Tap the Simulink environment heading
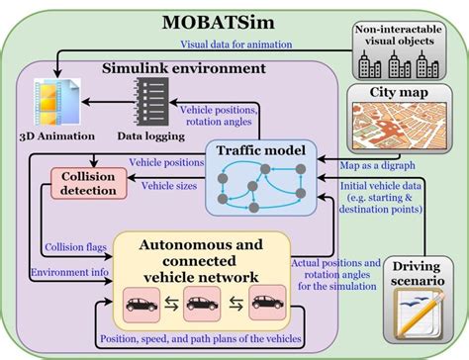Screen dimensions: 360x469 pyautogui.click(x=184, y=68)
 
